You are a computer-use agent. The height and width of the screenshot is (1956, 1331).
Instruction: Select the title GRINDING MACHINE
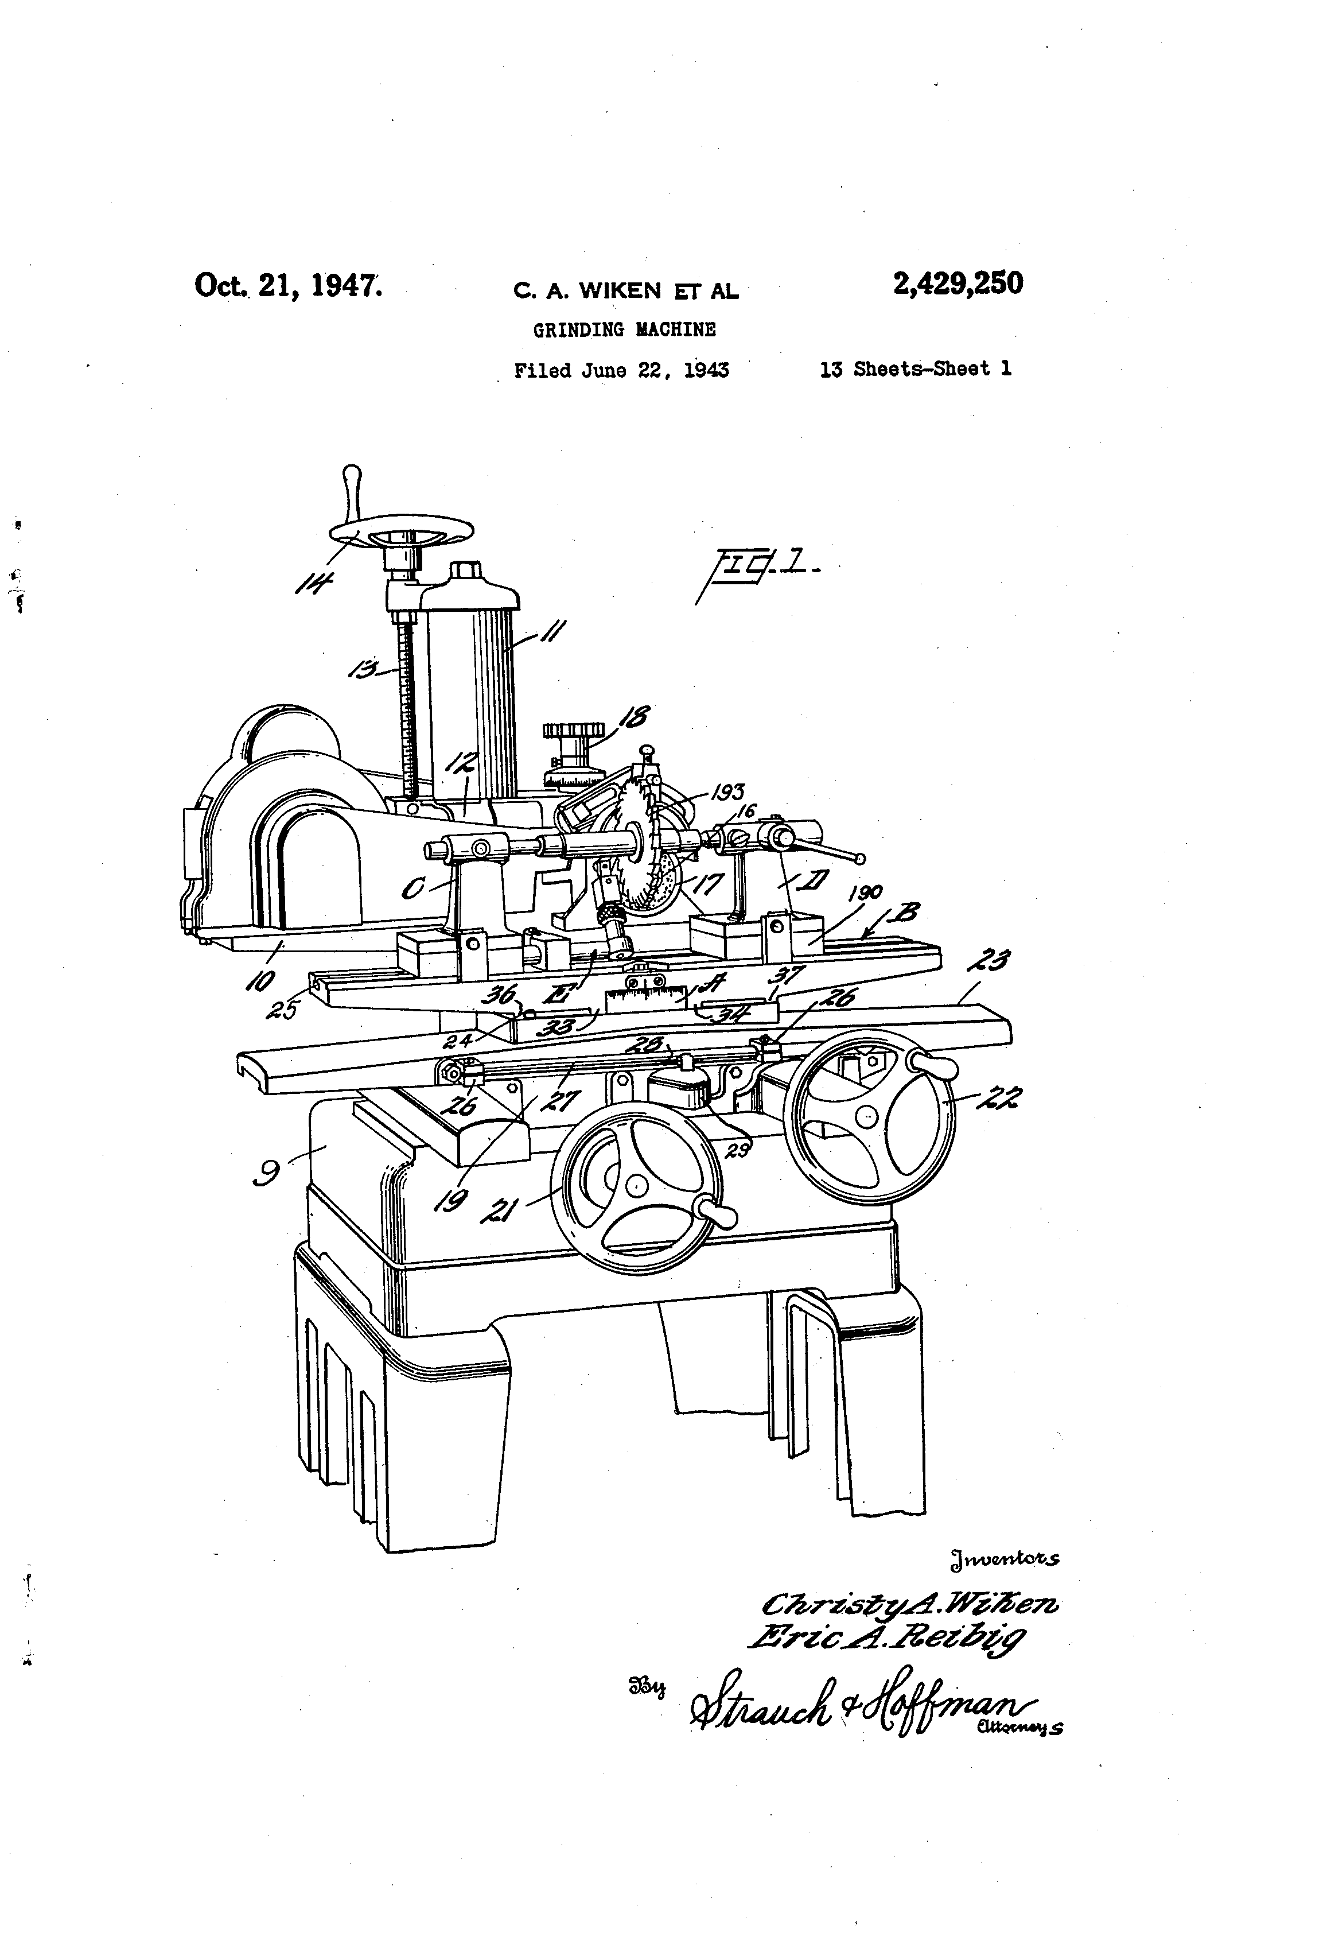pos(624,330)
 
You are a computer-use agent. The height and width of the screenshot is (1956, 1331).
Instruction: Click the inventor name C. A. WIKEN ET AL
pos(626,291)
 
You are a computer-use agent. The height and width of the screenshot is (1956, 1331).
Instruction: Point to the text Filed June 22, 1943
pos(621,370)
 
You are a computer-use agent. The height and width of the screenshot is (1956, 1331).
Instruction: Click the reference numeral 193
pos(728,792)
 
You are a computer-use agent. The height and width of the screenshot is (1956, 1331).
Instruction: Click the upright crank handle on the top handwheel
pos(352,493)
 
